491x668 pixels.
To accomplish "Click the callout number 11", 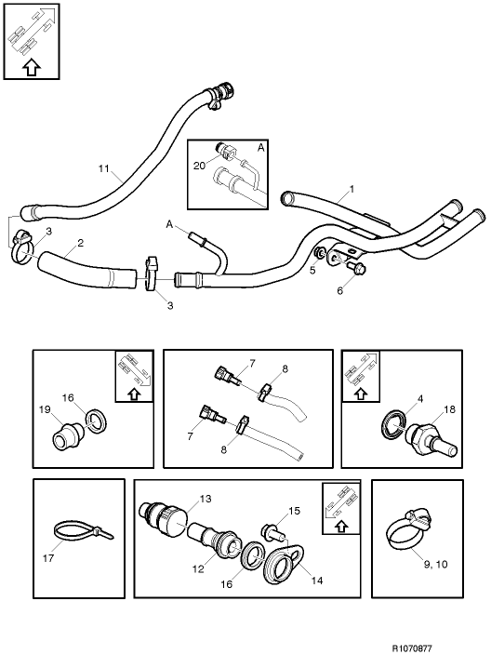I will [x=103, y=168].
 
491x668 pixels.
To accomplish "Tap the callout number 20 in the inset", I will [x=198, y=165].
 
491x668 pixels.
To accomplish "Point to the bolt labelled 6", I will [x=356, y=270].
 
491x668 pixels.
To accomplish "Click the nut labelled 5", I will [x=320, y=254].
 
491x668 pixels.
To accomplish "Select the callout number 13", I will [x=206, y=501].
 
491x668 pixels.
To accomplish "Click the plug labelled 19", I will [x=66, y=435].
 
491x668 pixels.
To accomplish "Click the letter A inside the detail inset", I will [x=259, y=147].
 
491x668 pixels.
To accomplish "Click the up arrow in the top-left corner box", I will [x=30, y=67].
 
